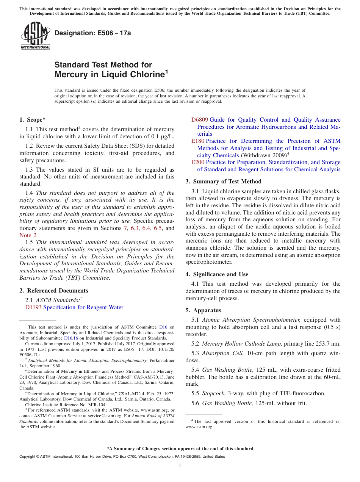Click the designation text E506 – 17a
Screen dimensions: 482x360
(93, 33)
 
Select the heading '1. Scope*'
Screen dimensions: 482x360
(33, 120)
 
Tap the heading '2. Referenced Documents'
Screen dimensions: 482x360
(54, 291)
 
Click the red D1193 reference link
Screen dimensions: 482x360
(33, 307)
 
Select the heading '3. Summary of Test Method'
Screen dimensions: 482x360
(223, 182)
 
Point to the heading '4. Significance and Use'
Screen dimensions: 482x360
(217, 274)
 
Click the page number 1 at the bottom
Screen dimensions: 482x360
(180, 465)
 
